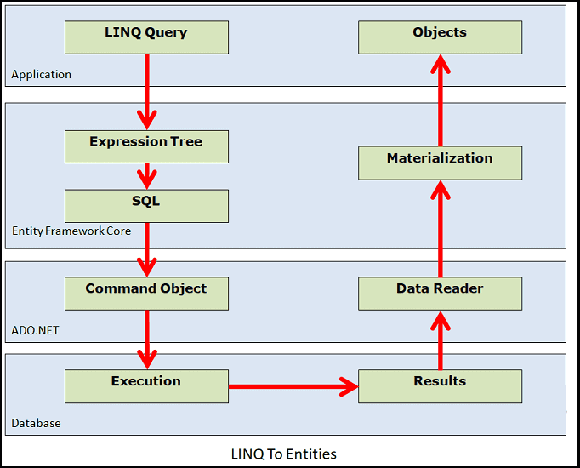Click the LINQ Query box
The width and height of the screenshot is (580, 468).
tap(146, 37)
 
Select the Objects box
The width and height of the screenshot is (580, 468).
tap(440, 37)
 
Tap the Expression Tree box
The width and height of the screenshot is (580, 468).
tap(146, 146)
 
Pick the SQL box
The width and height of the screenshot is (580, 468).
tap(146, 206)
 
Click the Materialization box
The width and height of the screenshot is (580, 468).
tap(440, 163)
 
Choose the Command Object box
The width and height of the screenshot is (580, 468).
tap(146, 293)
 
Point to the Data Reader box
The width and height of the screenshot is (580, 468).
tap(440, 293)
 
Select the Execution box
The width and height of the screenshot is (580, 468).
tap(146, 385)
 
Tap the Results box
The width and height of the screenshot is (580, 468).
tap(440, 385)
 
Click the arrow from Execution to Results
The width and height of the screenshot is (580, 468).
tap(293, 387)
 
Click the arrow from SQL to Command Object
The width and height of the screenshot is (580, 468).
tap(147, 249)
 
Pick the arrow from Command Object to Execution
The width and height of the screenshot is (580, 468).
tap(147, 339)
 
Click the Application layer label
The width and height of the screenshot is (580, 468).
tap(41, 75)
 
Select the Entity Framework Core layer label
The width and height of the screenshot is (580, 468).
tap(71, 231)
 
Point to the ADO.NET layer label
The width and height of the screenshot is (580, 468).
tap(36, 330)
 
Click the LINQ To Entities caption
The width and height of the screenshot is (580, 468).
tap(284, 454)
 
